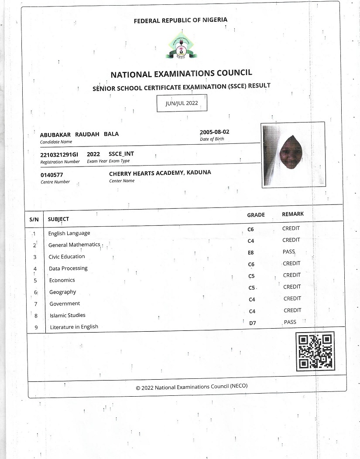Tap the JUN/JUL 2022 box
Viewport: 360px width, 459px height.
(x=182, y=103)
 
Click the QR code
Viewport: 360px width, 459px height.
(x=315, y=351)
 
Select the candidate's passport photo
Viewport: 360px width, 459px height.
(x=293, y=155)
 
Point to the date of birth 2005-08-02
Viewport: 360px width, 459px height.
(x=214, y=132)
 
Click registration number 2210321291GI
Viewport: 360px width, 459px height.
(x=59, y=155)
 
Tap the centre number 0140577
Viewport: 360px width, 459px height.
(x=51, y=175)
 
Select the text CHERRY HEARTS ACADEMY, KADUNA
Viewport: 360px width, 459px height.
(x=160, y=173)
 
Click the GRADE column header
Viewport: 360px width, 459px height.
(x=256, y=215)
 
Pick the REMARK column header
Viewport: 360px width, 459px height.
(x=293, y=214)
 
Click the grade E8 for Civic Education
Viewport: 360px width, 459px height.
(x=251, y=252)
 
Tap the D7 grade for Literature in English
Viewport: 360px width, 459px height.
(x=252, y=323)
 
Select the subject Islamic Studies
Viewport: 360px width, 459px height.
(x=68, y=315)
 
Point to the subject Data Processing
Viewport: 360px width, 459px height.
(x=68, y=269)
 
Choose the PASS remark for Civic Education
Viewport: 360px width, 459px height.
(x=289, y=252)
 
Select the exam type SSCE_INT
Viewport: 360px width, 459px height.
(x=121, y=154)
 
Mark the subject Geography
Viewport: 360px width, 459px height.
(x=62, y=292)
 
